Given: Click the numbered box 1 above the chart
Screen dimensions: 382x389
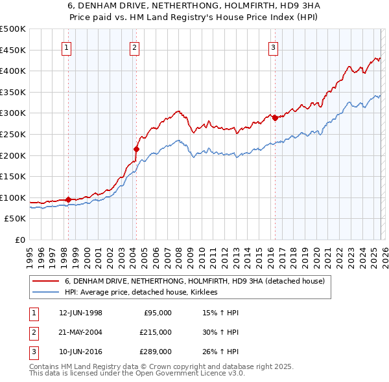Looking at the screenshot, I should coord(67,47).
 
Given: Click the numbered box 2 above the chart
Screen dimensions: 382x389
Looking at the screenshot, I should coord(134,47).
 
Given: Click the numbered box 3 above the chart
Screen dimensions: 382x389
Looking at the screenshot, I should coord(274,47).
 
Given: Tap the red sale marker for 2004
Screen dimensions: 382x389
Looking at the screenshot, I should coord(136,149).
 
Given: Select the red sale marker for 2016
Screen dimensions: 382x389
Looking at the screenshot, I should coord(275,118).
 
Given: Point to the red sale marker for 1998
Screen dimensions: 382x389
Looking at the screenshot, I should coord(68,199).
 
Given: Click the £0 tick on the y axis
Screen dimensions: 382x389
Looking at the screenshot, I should coord(19,240).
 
